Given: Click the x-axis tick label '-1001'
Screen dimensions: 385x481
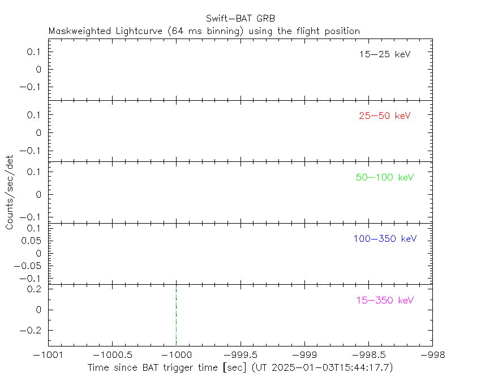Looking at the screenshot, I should (48, 354).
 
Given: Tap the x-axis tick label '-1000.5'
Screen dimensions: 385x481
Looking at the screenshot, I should (112, 354).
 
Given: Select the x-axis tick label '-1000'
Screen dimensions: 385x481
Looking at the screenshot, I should (176, 354).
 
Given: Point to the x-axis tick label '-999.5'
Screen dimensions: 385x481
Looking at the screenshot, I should (240, 354).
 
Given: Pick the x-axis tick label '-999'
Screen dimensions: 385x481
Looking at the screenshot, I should (304, 354).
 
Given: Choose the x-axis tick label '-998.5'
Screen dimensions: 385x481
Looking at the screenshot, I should (368, 354).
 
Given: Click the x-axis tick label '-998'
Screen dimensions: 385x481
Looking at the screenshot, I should (432, 354).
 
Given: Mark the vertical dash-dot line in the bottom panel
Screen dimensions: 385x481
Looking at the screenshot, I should (176, 314).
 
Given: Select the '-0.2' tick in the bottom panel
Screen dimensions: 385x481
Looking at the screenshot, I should (33, 330).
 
